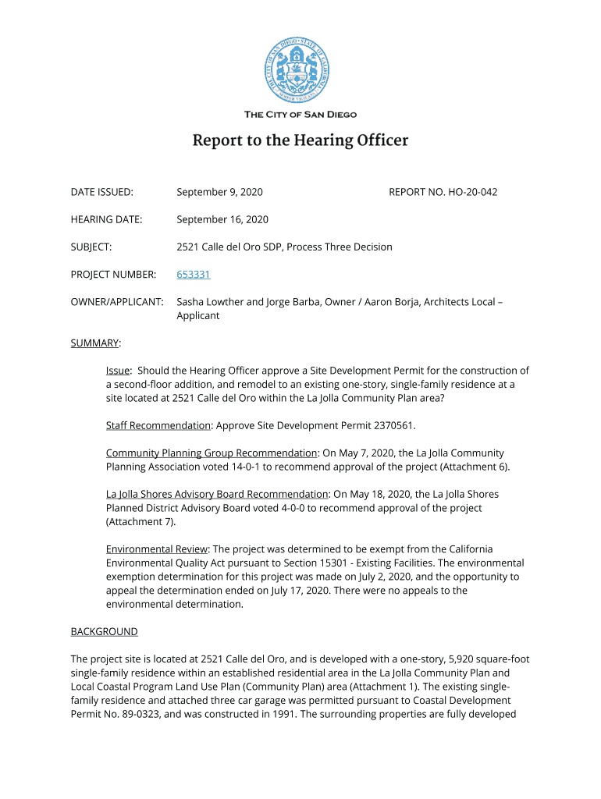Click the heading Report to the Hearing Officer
coord(300,141)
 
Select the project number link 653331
coord(194,275)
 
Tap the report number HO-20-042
coord(472,192)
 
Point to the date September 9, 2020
coord(219,192)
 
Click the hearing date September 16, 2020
coord(222,219)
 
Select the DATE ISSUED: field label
coord(101,192)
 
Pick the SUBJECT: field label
coord(91,247)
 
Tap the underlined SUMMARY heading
coord(95,343)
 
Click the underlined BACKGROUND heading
coord(104,631)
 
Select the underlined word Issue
coord(118,371)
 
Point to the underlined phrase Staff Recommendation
coord(158,425)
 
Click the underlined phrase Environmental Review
coord(157,549)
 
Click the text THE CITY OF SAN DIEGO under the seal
coord(300,115)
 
